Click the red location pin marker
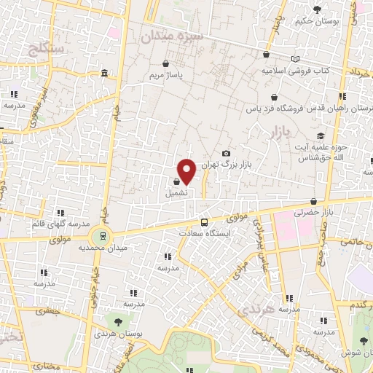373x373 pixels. pyautogui.click(x=186, y=171)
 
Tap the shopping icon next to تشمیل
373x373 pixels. pyautogui.click(x=177, y=182)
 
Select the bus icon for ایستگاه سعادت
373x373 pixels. pyautogui.click(x=204, y=222)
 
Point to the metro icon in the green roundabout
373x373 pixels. pyautogui.click(x=103, y=235)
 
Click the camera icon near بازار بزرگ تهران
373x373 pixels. pyautogui.click(x=226, y=153)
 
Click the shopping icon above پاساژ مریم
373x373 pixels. pyautogui.click(x=167, y=63)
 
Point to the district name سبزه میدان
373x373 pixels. pyautogui.click(x=170, y=36)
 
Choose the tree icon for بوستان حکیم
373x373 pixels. pyautogui.click(x=317, y=9)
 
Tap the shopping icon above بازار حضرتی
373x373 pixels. pyautogui.click(x=313, y=202)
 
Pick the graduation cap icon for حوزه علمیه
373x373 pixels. pyautogui.click(x=321, y=136)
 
